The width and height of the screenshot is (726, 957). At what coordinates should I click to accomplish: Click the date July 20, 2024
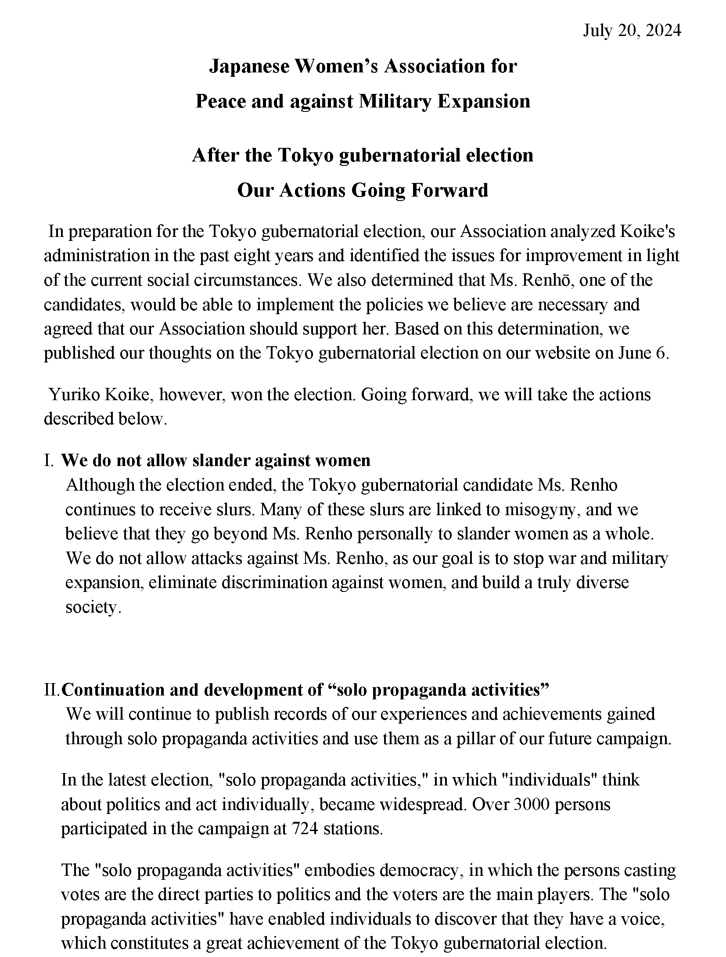coord(632,31)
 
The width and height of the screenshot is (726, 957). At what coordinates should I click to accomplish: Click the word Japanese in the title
coord(249,66)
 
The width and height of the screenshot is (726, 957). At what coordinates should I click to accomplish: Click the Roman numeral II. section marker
coord(52,690)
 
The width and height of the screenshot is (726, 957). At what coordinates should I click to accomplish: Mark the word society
coord(92,607)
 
